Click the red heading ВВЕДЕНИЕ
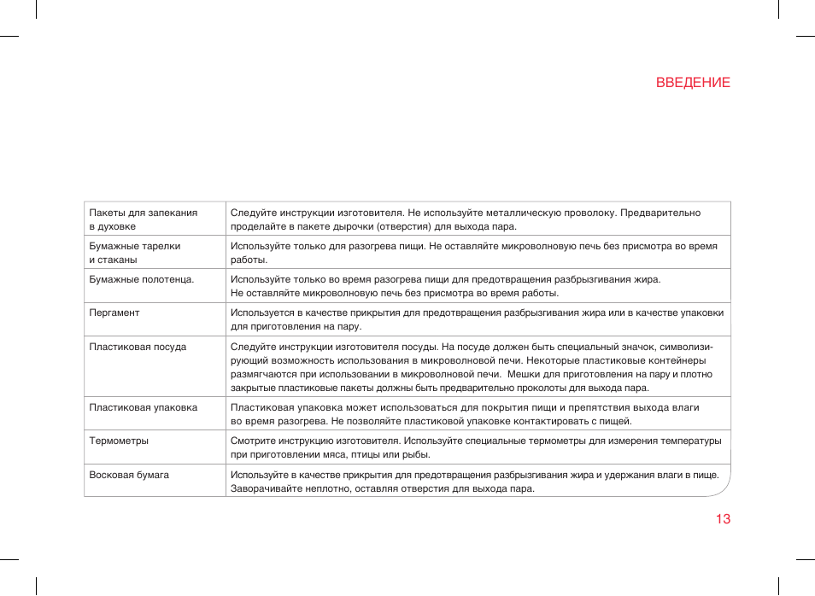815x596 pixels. (x=693, y=83)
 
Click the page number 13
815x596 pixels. (x=723, y=519)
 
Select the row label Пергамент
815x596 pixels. (x=114, y=313)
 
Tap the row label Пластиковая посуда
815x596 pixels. (x=138, y=347)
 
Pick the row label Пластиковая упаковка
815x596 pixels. (x=144, y=407)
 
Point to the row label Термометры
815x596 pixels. (x=119, y=441)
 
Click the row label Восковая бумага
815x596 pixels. (x=129, y=475)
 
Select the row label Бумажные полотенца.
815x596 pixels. (x=142, y=279)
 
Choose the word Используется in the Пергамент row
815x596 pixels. (x=261, y=313)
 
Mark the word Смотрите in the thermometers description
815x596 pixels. (x=251, y=441)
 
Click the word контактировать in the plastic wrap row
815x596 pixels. (x=542, y=421)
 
